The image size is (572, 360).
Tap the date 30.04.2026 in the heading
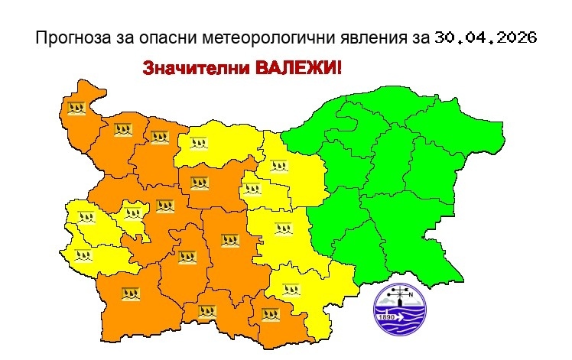coord(486,37)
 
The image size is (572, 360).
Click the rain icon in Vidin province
coord(76,109)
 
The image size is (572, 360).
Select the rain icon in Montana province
coord(123,129)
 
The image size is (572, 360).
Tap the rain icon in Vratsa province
coord(158,138)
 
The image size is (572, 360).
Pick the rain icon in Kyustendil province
coord(81,255)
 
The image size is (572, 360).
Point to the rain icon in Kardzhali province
coord(271,313)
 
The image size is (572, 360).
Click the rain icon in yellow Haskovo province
coord(291,290)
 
